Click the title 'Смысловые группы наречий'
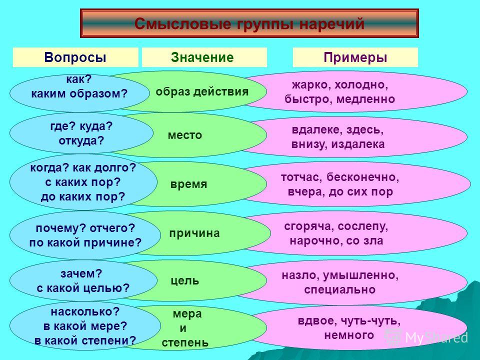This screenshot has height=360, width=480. point(249,24)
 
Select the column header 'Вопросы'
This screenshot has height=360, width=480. point(75,57)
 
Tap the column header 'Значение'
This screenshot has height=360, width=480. point(202,57)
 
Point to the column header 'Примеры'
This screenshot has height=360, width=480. point(355,57)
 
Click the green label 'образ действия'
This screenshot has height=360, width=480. point(202,91)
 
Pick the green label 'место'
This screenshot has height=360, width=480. point(185,135)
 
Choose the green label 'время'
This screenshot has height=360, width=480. point(189,184)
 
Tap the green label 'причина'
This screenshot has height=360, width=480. point(194,233)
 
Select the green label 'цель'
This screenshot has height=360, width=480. point(185,280)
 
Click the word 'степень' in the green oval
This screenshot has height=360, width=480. point(185,342)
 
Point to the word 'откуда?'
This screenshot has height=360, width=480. point(81,141)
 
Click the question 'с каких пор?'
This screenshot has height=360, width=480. point(83,182)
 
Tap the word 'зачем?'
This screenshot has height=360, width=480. point(81,273)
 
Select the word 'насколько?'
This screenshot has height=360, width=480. point(85,311)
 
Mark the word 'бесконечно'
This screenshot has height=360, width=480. point(363,177)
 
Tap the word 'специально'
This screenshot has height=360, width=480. point(340,289)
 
